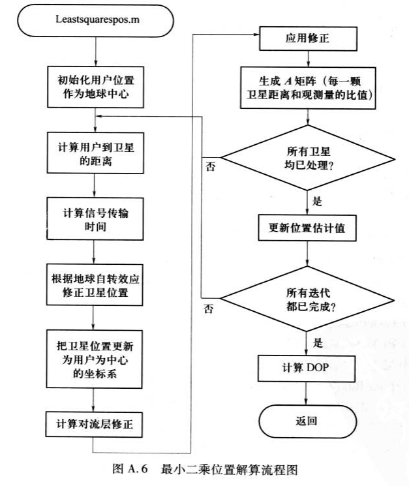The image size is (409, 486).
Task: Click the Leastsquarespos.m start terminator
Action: click(95, 23)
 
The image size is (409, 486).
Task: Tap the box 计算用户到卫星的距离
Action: click(95, 153)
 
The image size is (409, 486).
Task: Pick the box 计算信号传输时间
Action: click(95, 219)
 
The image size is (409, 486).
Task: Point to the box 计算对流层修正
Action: click(95, 423)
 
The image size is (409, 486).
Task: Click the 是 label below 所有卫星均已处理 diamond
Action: click(318, 201)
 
